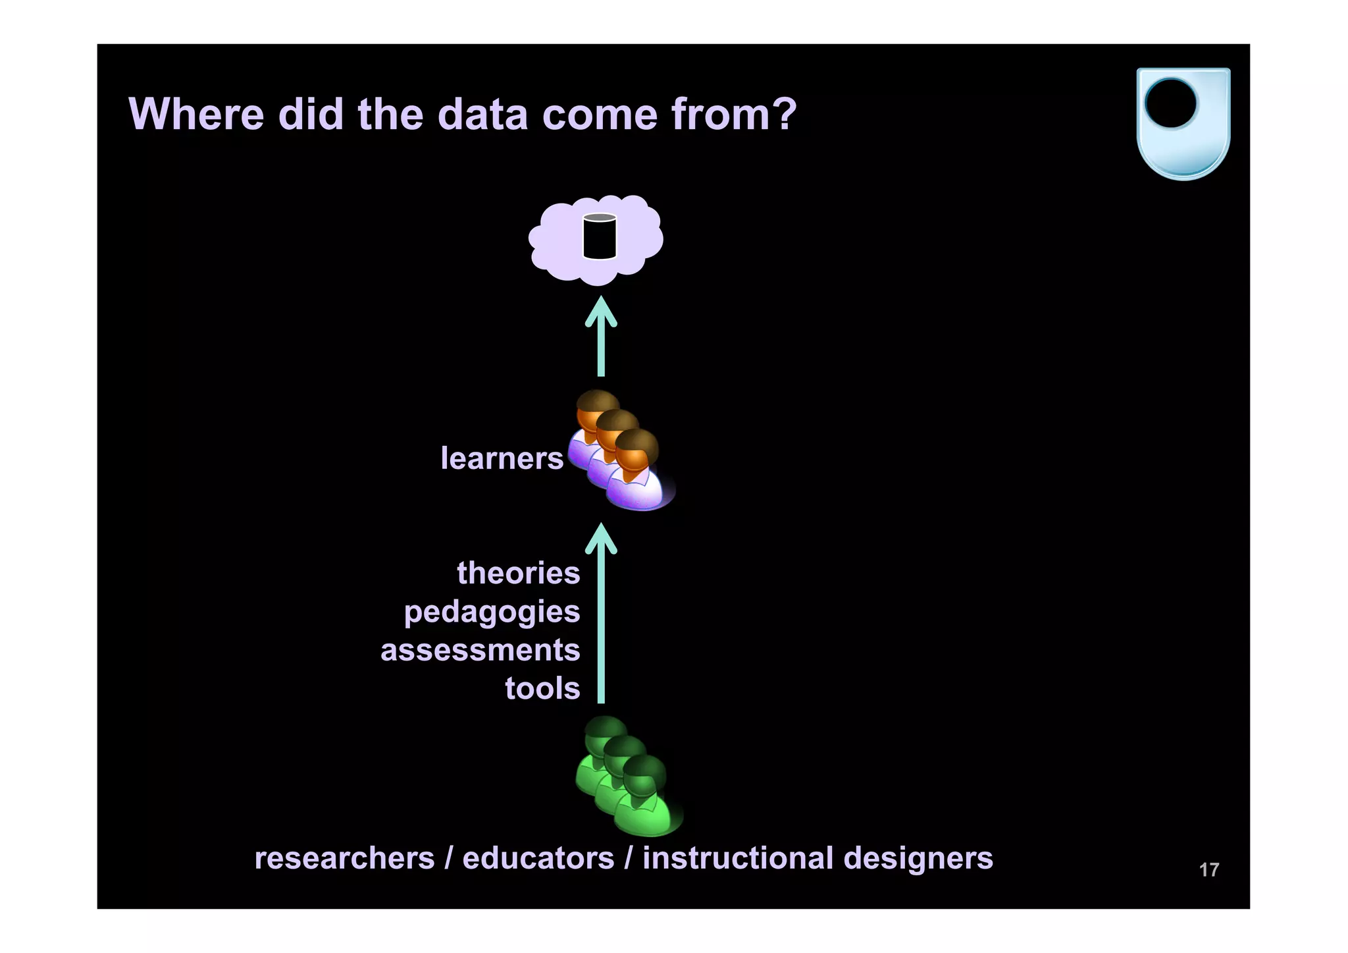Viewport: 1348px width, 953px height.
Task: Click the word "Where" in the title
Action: point(196,115)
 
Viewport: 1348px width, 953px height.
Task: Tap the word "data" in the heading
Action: point(482,115)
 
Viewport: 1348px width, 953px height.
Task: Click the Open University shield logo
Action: point(1183,123)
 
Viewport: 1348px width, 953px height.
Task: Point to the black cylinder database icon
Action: point(599,236)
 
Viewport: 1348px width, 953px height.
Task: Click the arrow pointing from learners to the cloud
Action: point(601,337)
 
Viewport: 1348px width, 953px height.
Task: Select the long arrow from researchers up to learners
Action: point(601,613)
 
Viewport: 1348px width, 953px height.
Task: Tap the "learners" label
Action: point(502,458)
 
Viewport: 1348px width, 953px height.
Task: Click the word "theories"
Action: point(519,573)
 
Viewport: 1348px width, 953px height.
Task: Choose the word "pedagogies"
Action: point(492,613)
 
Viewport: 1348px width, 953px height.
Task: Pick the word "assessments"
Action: point(480,651)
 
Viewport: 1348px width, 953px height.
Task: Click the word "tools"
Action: point(542,689)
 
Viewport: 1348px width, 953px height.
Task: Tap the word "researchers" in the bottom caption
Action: point(344,859)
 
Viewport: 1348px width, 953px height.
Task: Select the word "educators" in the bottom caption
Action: point(538,859)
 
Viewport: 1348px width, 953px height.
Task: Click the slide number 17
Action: point(1208,870)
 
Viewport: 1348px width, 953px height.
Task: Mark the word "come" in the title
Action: point(600,115)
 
